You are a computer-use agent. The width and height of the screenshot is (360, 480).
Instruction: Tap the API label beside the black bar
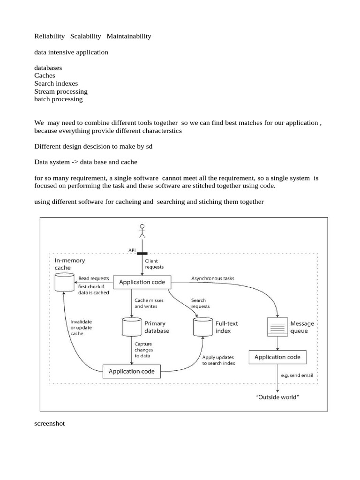132,250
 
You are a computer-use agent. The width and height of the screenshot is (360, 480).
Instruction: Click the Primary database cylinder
131,326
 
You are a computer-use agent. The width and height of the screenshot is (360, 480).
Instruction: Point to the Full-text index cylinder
202,326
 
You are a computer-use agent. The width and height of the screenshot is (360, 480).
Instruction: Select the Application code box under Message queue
277,357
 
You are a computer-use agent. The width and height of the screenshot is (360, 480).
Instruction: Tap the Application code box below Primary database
132,372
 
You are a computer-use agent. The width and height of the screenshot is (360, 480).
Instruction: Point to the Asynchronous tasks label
212,278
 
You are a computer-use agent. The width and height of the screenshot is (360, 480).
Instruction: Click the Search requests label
200,303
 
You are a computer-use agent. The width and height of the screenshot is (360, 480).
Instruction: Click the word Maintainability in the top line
129,36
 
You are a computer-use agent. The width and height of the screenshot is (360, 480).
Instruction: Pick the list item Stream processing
61,91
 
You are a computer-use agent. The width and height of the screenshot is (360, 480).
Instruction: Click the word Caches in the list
45,75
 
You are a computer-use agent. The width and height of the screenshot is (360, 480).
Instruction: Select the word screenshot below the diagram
50,423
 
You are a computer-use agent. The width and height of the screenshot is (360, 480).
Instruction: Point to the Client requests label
155,264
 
